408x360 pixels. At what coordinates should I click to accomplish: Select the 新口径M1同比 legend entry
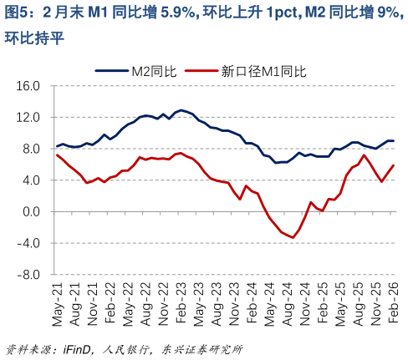pyautogui.click(x=261, y=72)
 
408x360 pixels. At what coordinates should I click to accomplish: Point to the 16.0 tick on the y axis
pyautogui.click(x=29, y=86)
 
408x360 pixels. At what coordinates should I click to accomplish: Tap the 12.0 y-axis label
pyautogui.click(x=29, y=118)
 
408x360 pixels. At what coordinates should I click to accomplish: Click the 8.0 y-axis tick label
pyautogui.click(x=32, y=150)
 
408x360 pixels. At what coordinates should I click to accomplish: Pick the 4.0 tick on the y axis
pyautogui.click(x=32, y=180)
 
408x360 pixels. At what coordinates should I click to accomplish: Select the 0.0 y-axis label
pyautogui.click(x=32, y=212)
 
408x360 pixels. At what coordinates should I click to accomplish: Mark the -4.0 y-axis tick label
pyautogui.click(x=30, y=243)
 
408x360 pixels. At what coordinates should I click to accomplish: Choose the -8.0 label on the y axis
pyautogui.click(x=30, y=275)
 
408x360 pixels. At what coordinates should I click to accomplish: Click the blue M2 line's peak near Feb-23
pyautogui.click(x=181, y=110)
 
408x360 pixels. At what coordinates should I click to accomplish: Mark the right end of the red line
pyautogui.click(x=394, y=165)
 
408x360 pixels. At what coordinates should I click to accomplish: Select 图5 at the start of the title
pyautogui.click(x=17, y=13)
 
